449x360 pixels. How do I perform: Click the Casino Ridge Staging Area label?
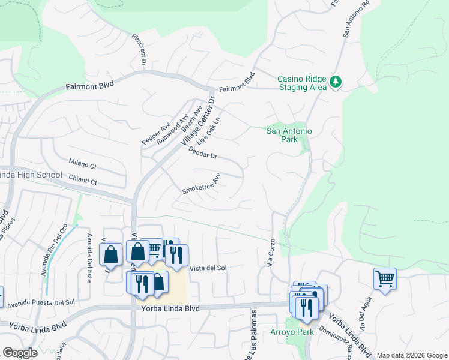[301, 83]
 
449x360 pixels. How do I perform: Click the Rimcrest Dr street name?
[139, 49]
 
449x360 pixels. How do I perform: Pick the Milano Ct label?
[82, 164]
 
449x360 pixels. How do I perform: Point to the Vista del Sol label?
[208, 268]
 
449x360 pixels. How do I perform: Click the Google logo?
[19, 353]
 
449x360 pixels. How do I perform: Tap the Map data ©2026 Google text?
[412, 355]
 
